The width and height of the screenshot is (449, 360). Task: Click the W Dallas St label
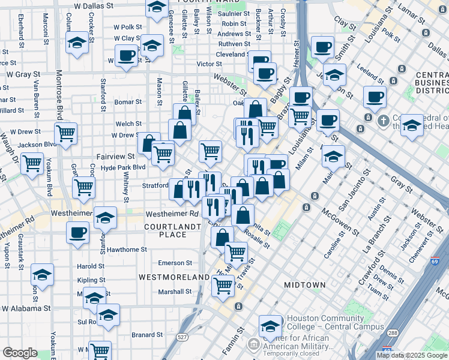(94, 5)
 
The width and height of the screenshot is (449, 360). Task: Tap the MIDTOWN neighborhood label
(304, 284)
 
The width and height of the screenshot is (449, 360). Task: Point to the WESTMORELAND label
(175, 277)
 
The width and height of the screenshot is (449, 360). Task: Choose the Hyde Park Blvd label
(123, 167)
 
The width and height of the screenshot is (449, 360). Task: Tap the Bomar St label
(128, 102)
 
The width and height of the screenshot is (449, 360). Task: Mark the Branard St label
(147, 335)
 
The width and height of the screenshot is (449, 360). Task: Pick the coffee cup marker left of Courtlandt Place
(77, 232)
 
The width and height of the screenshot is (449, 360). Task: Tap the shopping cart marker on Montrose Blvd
(65, 133)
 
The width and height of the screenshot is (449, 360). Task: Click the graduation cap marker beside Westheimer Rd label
(106, 218)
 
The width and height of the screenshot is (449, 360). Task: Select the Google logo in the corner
(20, 353)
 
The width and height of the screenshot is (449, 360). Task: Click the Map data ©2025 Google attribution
(412, 355)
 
